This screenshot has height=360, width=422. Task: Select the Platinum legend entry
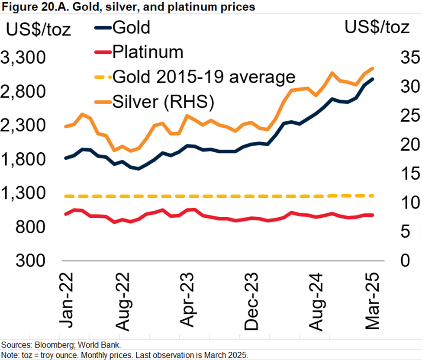[147, 52]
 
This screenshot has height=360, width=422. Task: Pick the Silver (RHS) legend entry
[164, 102]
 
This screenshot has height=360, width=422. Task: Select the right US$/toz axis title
[377, 27]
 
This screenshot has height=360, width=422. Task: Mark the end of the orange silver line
[373, 68]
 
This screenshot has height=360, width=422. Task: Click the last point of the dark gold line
[373, 79]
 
